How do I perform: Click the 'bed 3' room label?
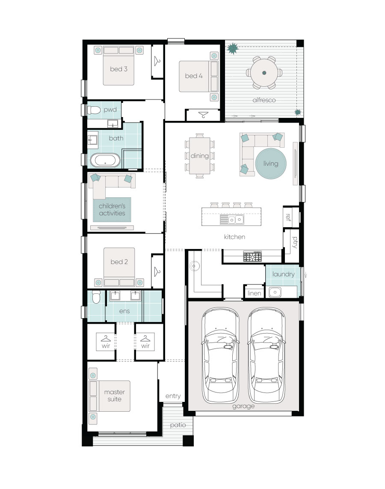119,69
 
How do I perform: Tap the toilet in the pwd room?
94,110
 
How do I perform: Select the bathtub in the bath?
105,160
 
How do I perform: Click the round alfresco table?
264,73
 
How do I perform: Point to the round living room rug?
271,164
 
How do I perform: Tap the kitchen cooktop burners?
252,256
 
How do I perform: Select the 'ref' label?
288,217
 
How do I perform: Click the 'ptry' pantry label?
295,242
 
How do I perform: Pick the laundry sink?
275,292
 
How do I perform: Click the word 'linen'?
254,293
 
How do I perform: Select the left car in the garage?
221,355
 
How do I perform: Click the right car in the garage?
267,355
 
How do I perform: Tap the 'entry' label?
173,396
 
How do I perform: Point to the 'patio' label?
178,425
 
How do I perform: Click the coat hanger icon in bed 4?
203,115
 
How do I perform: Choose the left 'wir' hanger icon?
106,338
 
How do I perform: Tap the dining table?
200,155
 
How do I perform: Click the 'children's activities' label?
112,210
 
